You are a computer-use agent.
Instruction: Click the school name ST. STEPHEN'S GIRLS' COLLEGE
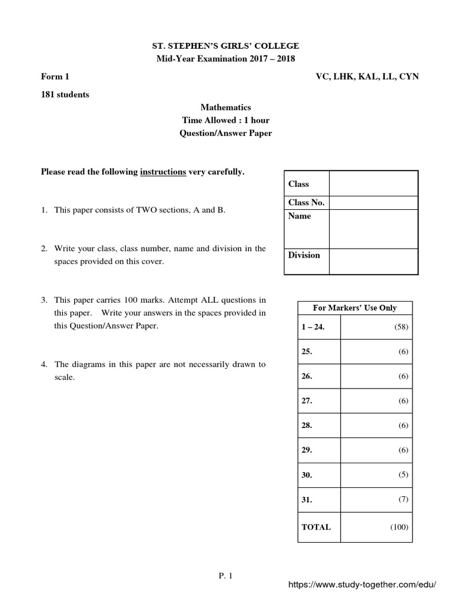pyautogui.click(x=226, y=46)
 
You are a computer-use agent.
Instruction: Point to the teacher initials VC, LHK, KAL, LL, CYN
pyautogui.click(x=367, y=76)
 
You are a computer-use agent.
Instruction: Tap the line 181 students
pyautogui.click(x=65, y=94)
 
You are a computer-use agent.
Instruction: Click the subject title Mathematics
pyautogui.click(x=225, y=107)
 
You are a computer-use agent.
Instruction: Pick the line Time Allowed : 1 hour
pyautogui.click(x=225, y=120)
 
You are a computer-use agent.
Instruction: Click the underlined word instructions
pyautogui.click(x=163, y=172)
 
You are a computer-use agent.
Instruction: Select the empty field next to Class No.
pyautogui.click(x=373, y=203)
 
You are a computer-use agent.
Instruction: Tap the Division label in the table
pyautogui.click(x=304, y=255)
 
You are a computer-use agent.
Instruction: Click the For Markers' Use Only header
pyautogui.click(x=355, y=307)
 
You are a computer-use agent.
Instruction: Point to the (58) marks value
pyautogui.click(x=400, y=327)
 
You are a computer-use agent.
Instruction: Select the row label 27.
pyautogui.click(x=307, y=400)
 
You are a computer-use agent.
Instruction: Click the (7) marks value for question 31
pyautogui.click(x=402, y=499)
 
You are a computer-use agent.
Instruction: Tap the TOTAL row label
pyautogui.click(x=316, y=527)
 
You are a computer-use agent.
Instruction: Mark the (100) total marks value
pyautogui.click(x=398, y=527)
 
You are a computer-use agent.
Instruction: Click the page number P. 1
pyautogui.click(x=225, y=576)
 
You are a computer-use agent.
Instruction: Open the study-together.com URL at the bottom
pyautogui.click(x=361, y=586)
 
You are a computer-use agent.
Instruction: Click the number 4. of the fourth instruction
pyautogui.click(x=44, y=364)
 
